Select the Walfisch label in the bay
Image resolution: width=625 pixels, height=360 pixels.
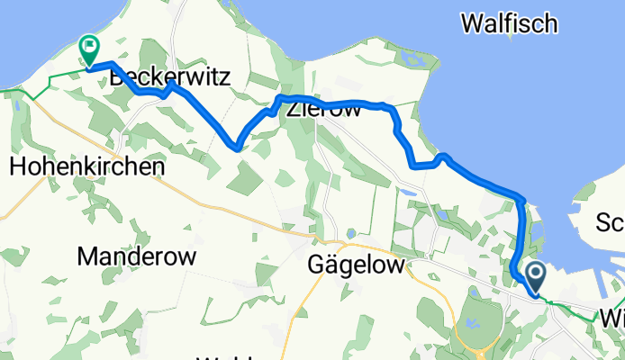pyautogui.click(x=509, y=24)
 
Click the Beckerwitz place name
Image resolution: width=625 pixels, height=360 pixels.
pyautogui.click(x=170, y=79)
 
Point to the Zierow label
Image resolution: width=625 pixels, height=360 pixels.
pyautogui.click(x=323, y=112)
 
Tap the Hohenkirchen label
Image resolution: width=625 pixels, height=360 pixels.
pyautogui.click(x=87, y=166)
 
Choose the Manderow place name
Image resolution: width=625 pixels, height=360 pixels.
pyautogui.click(x=137, y=256)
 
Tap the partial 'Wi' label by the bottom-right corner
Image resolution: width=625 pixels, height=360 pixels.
pyautogui.click(x=612, y=319)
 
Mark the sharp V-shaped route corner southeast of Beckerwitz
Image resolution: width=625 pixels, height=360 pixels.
pyautogui.click(x=238, y=144)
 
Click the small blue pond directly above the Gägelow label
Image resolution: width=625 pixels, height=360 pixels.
pyautogui.click(x=349, y=235)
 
